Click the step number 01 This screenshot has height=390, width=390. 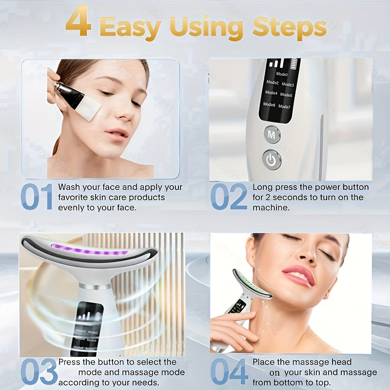click(37, 197)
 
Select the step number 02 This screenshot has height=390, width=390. click(229, 197)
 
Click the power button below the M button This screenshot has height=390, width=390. click(272, 159)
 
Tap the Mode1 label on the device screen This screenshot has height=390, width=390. click(282, 75)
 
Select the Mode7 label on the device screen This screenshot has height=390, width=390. click(284, 107)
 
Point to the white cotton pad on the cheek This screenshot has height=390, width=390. click(88, 108)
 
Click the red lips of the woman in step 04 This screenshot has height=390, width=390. click(298, 274)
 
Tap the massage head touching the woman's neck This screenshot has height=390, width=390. click(251, 285)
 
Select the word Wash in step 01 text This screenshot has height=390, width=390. click(69, 187)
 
